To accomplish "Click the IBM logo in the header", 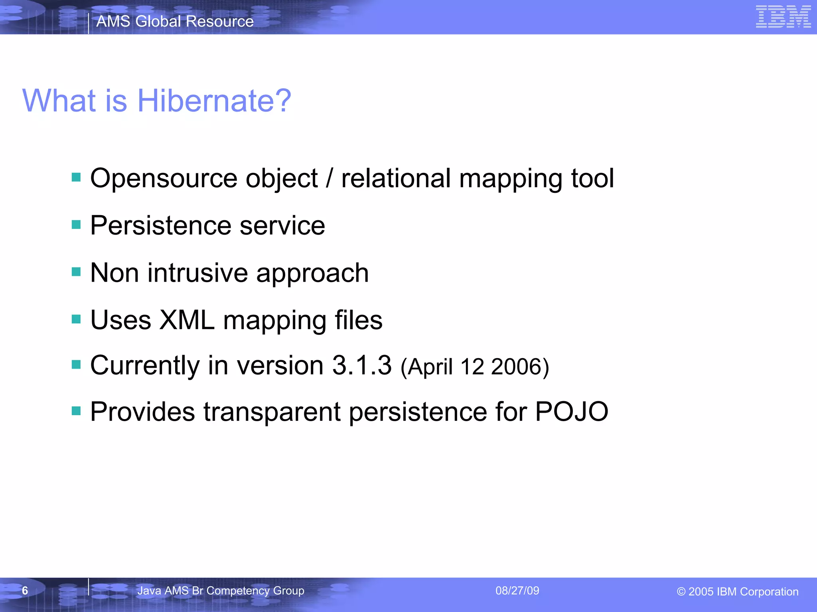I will coord(783,17).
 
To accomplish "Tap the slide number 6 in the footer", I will coord(25,590).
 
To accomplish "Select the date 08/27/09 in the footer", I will coord(517,590).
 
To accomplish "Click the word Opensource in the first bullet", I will coord(164,178).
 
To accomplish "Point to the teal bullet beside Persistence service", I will coord(76,225).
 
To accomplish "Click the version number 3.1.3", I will coord(362,365).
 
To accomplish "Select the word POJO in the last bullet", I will coord(571,411).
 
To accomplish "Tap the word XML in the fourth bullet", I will coord(187,320).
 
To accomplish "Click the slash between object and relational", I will coord(329,178).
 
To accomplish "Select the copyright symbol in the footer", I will coord(681,592).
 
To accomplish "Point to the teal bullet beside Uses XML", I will coord(76,319).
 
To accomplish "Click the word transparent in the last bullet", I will coord(272,412).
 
